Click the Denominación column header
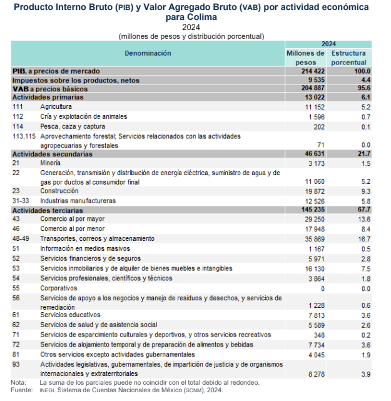click(148, 54)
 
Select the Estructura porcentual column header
click(349, 58)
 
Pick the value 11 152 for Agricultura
click(312, 107)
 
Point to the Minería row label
click(53, 163)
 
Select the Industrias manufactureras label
click(78, 201)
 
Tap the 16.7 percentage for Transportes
click(362, 238)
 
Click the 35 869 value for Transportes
click(312, 238)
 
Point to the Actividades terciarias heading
click(46, 211)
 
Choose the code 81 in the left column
click(16, 354)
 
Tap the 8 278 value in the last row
click(315, 373)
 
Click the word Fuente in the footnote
click(21, 390)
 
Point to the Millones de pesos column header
click(305, 58)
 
